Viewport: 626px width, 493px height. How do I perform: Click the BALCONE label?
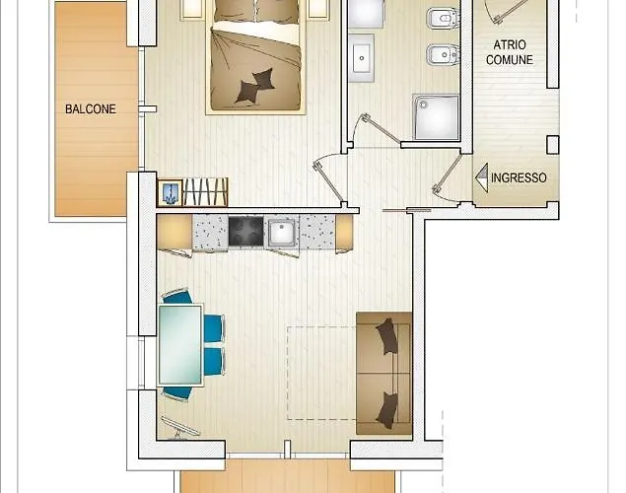coord(91,109)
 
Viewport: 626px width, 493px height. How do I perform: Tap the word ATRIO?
coord(510,44)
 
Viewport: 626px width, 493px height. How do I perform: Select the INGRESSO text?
coord(519,177)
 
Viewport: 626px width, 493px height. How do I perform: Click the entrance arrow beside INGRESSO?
coord(482,178)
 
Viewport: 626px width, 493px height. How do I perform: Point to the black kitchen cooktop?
coord(245,231)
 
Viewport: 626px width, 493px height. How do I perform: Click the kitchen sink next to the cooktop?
coord(282,232)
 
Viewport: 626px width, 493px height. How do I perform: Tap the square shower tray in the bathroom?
coord(436,117)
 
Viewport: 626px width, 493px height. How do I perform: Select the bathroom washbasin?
coord(362,58)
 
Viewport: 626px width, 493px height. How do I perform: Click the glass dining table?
coord(180,345)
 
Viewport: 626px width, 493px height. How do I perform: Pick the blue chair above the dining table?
coord(177,297)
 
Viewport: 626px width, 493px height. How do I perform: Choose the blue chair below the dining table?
coord(177,393)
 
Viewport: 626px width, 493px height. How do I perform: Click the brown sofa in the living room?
coord(384,374)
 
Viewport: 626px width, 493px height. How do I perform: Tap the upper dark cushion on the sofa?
coord(386,335)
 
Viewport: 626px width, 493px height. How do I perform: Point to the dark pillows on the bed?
coord(255,86)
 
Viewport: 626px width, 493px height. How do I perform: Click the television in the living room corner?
coord(179,428)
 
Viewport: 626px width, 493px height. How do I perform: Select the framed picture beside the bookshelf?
coord(171,193)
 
